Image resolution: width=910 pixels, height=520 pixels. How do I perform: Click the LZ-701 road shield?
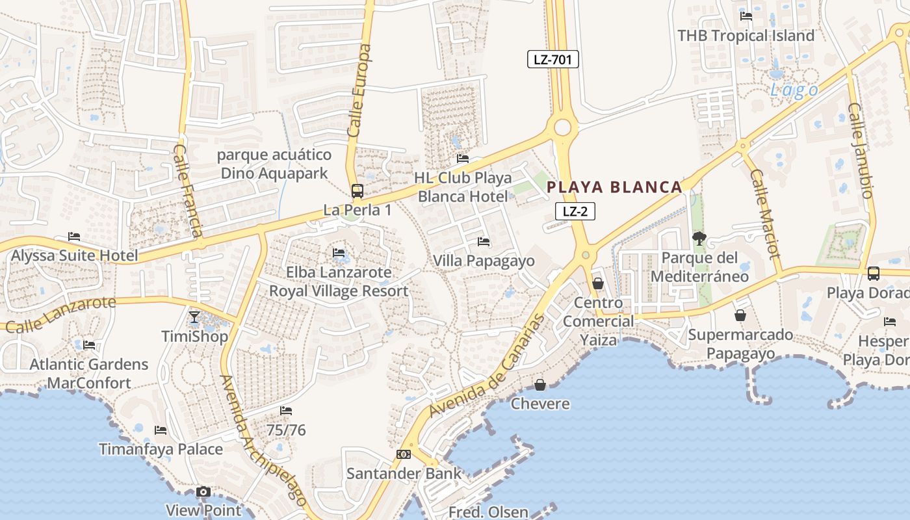click(552, 60)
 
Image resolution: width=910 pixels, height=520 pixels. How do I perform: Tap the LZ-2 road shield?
click(575, 211)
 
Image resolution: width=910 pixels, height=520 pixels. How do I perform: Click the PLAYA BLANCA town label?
click(614, 187)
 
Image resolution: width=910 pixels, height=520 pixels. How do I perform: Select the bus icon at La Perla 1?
click(357, 191)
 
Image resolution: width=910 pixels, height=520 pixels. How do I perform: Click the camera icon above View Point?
click(203, 492)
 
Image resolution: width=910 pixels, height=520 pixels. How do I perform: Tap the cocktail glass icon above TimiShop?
click(194, 317)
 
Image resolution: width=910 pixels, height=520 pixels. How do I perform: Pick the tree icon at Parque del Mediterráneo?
click(699, 239)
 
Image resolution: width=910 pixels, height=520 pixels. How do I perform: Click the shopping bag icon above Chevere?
click(540, 385)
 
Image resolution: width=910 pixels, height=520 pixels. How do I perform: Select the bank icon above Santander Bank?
click(404, 454)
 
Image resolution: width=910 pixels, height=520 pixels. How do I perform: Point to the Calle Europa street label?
click(359, 90)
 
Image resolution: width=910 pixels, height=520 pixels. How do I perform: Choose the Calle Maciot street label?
click(764, 214)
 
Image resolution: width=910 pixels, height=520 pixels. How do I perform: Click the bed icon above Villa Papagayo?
click(484, 242)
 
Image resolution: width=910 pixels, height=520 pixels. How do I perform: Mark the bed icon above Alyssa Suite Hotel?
click(74, 237)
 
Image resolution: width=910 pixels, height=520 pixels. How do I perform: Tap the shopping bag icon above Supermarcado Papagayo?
click(740, 316)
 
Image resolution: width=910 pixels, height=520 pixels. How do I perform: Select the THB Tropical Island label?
click(746, 36)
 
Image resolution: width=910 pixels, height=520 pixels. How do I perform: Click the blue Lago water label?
click(794, 90)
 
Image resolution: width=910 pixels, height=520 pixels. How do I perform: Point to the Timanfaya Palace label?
click(161, 449)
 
